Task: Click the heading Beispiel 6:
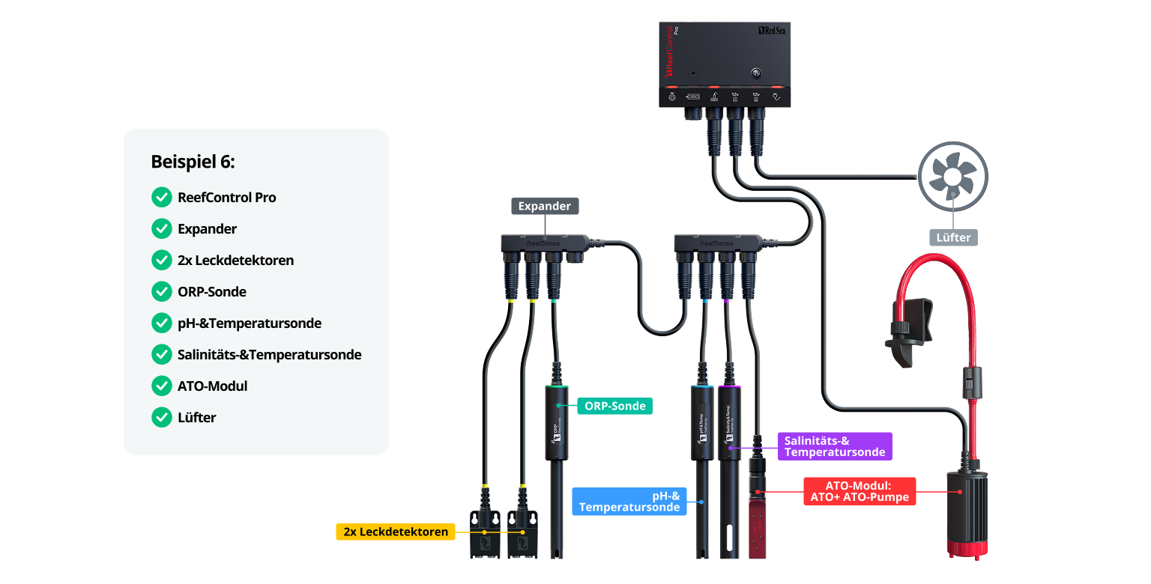(x=193, y=162)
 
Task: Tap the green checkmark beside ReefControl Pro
(x=162, y=198)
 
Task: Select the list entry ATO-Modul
(x=212, y=386)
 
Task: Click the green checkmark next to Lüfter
(x=162, y=418)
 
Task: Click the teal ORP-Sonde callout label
(x=615, y=406)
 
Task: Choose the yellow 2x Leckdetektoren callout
(x=395, y=532)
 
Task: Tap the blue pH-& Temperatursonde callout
(x=629, y=501)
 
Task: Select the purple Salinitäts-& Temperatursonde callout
(x=834, y=446)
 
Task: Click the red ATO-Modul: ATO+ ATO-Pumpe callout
(x=860, y=491)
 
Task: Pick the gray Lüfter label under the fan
(x=953, y=237)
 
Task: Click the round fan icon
(x=952, y=177)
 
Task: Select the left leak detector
(x=484, y=533)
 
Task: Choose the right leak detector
(x=522, y=533)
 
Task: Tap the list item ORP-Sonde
(x=212, y=292)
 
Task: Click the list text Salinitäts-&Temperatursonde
(x=270, y=355)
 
